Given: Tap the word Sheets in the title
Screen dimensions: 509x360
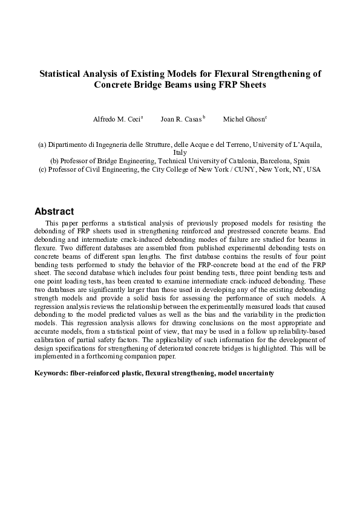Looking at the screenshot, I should (x=250, y=85).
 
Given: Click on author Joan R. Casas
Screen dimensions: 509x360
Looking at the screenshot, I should (x=180, y=119).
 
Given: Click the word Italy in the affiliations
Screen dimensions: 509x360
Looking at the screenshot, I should (x=180, y=153).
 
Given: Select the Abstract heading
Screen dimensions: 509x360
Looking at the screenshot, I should (x=54, y=212).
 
